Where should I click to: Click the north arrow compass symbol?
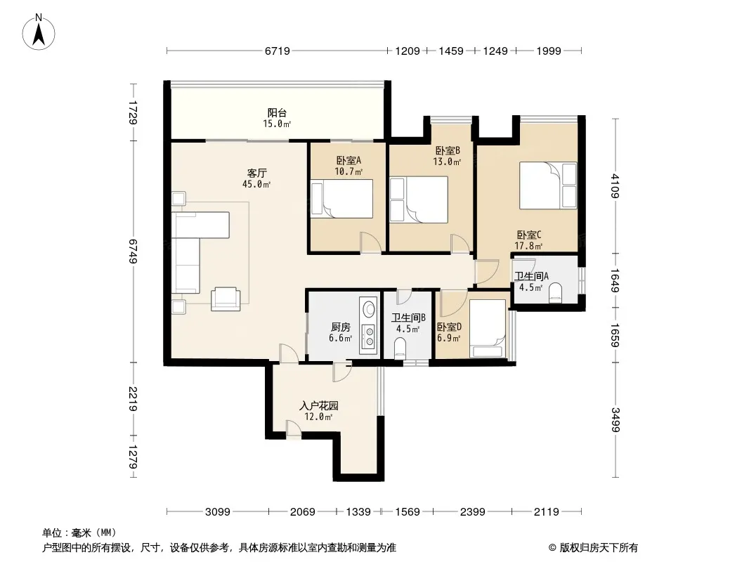click(39, 32)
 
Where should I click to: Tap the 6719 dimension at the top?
click(277, 51)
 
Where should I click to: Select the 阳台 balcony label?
click(277, 112)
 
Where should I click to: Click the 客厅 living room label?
click(257, 173)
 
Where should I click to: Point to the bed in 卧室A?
click(341, 199)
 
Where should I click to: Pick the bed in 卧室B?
click(419, 200)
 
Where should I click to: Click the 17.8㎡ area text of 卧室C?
click(528, 247)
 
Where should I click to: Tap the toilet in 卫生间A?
click(555, 292)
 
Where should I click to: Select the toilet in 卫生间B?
click(400, 348)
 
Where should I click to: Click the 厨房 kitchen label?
click(341, 327)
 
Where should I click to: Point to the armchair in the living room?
click(226, 299)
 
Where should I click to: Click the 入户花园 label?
click(318, 406)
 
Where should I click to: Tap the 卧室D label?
click(449, 327)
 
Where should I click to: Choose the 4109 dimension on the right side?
click(616, 186)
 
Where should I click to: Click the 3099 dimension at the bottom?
click(218, 512)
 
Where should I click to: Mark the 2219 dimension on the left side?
click(133, 399)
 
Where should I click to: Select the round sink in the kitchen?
click(369, 309)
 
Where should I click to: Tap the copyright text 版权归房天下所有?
click(599, 548)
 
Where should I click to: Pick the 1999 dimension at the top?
click(548, 51)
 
